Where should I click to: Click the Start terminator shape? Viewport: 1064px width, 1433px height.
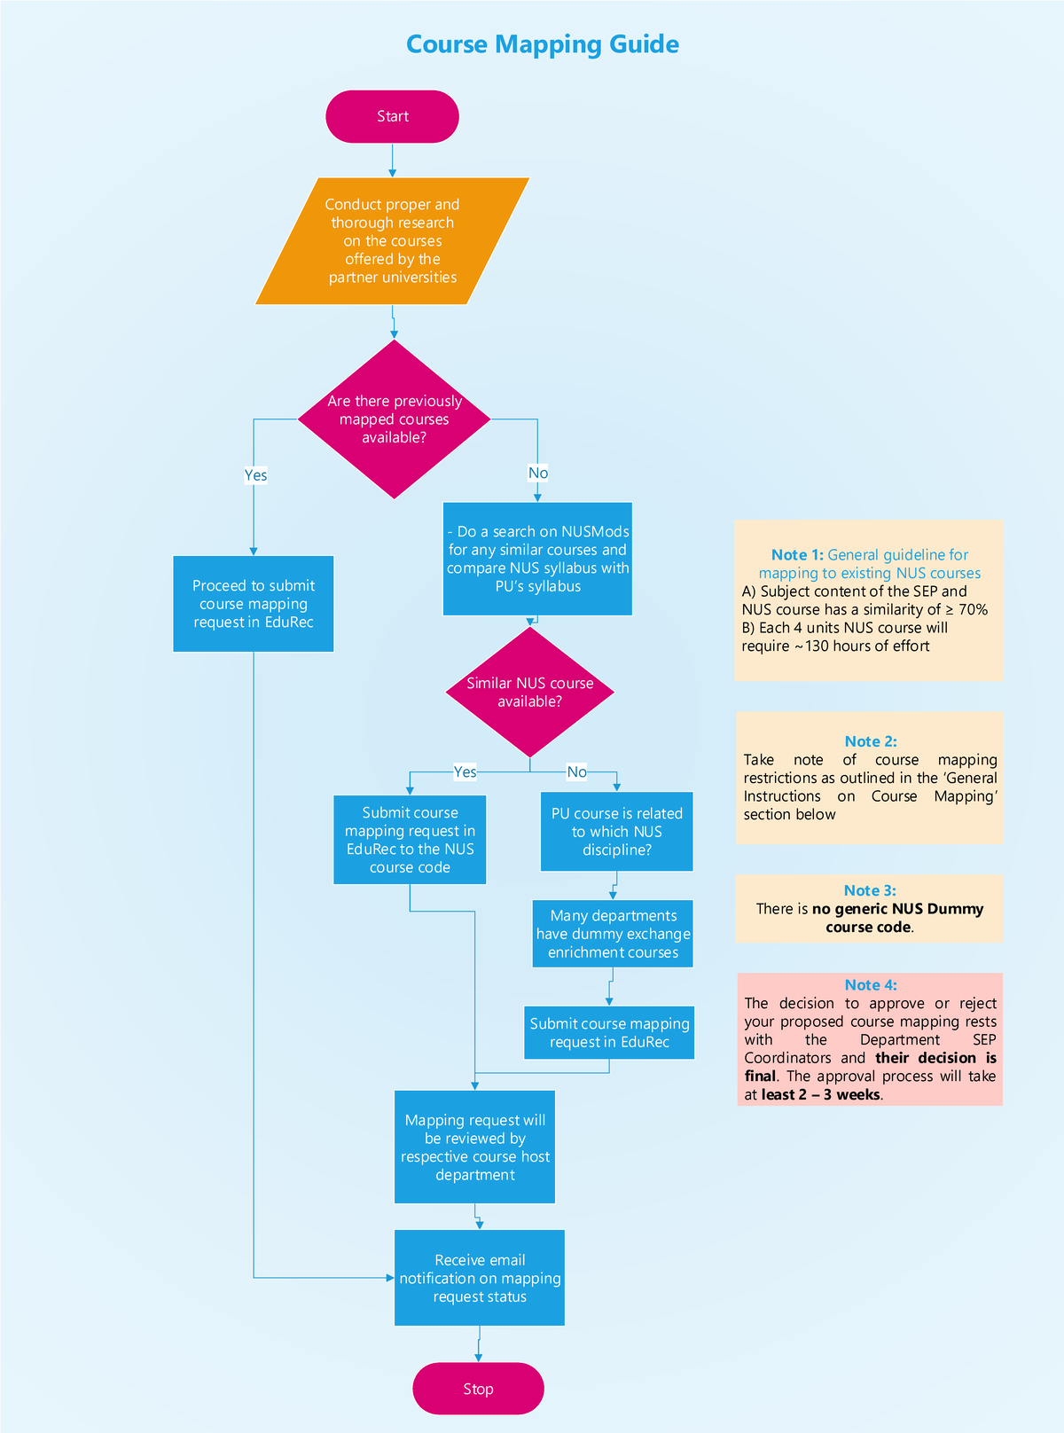[x=392, y=116]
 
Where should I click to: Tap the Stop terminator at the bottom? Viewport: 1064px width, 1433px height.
[x=478, y=1389]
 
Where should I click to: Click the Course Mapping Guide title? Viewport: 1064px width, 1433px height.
[x=542, y=44]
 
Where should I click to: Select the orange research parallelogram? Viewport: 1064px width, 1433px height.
[x=392, y=241]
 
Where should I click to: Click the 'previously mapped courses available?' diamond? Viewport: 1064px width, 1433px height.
[x=394, y=419]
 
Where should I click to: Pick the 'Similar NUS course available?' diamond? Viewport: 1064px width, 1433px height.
[x=529, y=693]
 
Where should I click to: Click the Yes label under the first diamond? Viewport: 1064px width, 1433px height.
[x=255, y=475]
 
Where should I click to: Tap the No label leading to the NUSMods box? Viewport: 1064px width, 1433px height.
[x=538, y=473]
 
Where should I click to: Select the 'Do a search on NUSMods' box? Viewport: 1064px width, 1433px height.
[x=537, y=559]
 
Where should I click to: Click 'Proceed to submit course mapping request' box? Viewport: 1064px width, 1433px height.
[x=254, y=604]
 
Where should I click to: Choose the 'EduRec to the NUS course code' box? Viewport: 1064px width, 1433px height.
[x=410, y=840]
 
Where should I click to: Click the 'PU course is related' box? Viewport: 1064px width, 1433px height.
[x=616, y=832]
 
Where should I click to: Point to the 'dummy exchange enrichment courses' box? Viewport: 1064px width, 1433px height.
[x=613, y=934]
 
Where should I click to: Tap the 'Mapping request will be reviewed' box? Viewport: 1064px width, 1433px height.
[x=474, y=1147]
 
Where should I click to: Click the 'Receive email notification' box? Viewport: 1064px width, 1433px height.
[x=480, y=1278]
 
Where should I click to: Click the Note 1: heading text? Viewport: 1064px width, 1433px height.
[x=797, y=555]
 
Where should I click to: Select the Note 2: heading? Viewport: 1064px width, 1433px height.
[x=870, y=741]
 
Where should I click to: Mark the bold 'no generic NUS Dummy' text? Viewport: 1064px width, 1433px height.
[x=897, y=909]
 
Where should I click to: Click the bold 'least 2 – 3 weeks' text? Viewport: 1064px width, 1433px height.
[x=820, y=1094]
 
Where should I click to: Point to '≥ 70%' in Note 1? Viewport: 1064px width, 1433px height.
[x=966, y=610]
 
